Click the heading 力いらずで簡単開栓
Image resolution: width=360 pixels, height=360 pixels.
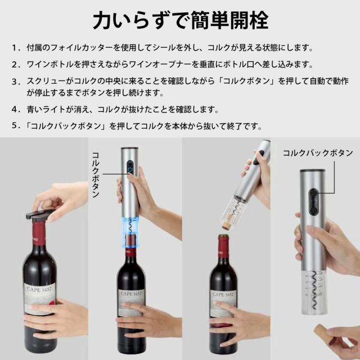point(180,21)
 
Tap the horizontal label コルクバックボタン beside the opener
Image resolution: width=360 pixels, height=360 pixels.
point(317,152)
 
